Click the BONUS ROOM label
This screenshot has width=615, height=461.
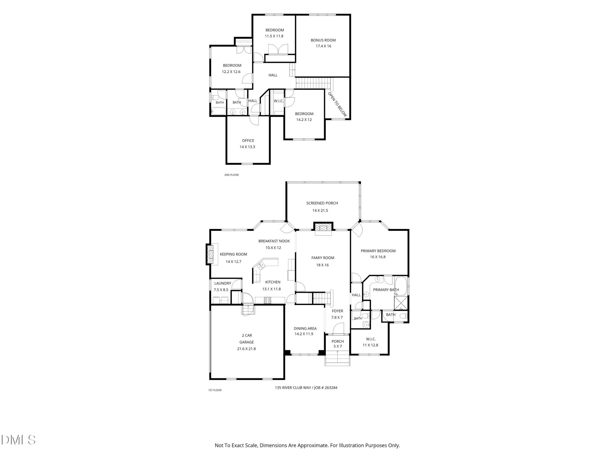pyautogui.click(x=323, y=40)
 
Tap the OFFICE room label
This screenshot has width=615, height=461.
pyautogui.click(x=248, y=141)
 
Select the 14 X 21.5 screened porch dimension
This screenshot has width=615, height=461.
pyautogui.click(x=320, y=210)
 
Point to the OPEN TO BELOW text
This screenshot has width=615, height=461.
pyautogui.click(x=338, y=104)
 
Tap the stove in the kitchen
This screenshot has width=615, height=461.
pyautogui.click(x=267, y=300)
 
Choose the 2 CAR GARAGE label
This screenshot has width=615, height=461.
pyautogui.click(x=247, y=339)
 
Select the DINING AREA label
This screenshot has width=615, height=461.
pyautogui.click(x=305, y=328)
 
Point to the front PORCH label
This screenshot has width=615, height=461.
pyautogui.click(x=338, y=341)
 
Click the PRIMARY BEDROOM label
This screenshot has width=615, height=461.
pyautogui.click(x=378, y=251)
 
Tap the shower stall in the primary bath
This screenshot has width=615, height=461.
pyautogui.click(x=401, y=303)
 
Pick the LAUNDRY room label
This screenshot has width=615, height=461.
pyautogui.click(x=223, y=283)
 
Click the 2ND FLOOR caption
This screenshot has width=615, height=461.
pyautogui.click(x=231, y=175)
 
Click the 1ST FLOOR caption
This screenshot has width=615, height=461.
pyautogui.click(x=215, y=390)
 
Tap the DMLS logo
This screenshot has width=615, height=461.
pyautogui.click(x=18, y=440)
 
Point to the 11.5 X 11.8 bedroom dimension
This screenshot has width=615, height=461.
pyautogui.click(x=274, y=36)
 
